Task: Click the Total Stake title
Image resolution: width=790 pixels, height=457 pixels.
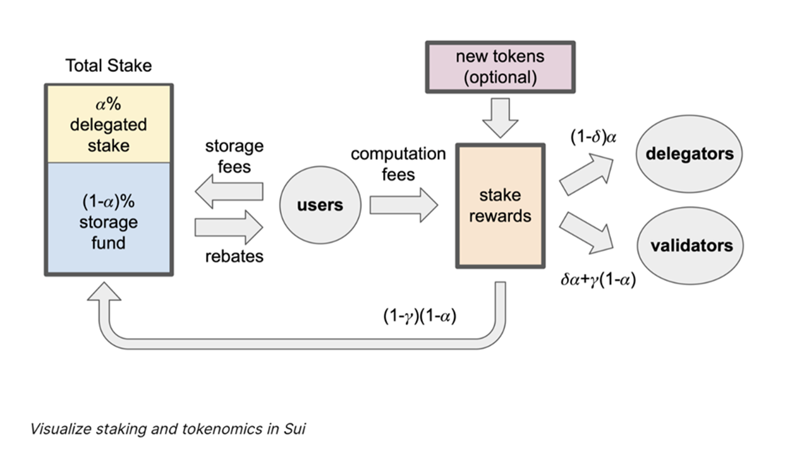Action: click(x=109, y=66)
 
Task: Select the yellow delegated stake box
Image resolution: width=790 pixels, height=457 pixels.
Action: click(x=108, y=124)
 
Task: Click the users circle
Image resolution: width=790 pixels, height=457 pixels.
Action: click(x=320, y=205)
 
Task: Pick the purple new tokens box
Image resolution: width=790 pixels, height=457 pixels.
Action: click(x=500, y=68)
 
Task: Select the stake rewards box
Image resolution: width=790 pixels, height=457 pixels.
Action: click(x=500, y=206)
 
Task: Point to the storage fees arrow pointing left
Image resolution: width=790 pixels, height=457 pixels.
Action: click(x=229, y=193)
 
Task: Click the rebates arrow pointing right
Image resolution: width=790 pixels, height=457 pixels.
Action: click(x=229, y=227)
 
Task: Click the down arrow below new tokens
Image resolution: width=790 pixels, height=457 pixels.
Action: click(x=500, y=119)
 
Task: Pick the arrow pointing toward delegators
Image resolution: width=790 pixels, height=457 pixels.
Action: click(x=586, y=174)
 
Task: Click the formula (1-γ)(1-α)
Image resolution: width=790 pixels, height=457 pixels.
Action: click(x=420, y=316)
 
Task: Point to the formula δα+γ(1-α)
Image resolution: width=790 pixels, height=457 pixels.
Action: click(x=598, y=279)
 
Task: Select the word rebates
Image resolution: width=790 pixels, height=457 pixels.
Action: click(x=234, y=256)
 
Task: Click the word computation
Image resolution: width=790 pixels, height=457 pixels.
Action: click(x=398, y=154)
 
